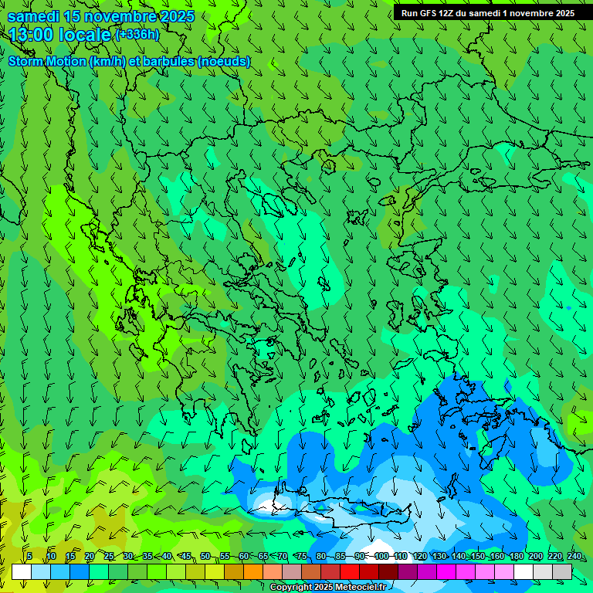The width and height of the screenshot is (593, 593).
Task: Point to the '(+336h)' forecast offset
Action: point(137,35)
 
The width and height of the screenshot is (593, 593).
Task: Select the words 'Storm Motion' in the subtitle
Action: point(46,61)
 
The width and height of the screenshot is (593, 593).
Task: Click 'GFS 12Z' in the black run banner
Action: point(435,13)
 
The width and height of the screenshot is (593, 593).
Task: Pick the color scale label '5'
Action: point(29,557)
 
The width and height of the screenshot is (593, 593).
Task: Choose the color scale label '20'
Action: point(90,557)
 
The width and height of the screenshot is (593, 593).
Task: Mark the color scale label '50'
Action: point(205,557)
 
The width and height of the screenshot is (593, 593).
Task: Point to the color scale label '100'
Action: point(381,557)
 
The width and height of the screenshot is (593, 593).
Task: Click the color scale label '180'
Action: point(516,557)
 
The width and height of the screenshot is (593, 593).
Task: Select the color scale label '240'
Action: point(574,557)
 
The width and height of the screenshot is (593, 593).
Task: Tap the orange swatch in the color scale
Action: point(253,571)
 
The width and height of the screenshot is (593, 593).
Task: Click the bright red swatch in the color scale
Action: point(350,571)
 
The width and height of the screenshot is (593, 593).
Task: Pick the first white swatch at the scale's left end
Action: point(22,571)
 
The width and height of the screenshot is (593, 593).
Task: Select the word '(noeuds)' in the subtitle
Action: point(223,61)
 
